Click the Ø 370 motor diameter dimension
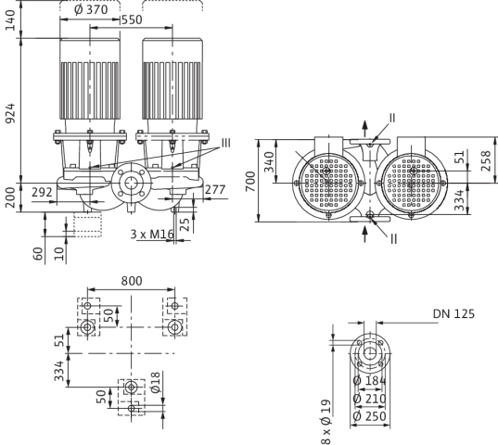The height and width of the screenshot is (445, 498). click(x=91, y=9)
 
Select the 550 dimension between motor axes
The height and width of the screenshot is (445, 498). click(x=132, y=20)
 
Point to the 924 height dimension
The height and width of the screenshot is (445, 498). click(x=10, y=113)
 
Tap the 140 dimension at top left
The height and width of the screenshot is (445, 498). click(x=10, y=20)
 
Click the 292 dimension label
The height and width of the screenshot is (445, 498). click(x=42, y=192)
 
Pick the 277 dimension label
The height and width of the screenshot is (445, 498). click(x=215, y=190)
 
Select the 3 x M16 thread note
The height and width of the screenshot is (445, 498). click(x=152, y=235)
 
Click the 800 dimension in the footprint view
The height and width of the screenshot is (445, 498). click(x=132, y=281)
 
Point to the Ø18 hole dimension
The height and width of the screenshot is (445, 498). click(x=156, y=383)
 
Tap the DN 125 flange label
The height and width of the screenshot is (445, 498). click(x=453, y=314)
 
